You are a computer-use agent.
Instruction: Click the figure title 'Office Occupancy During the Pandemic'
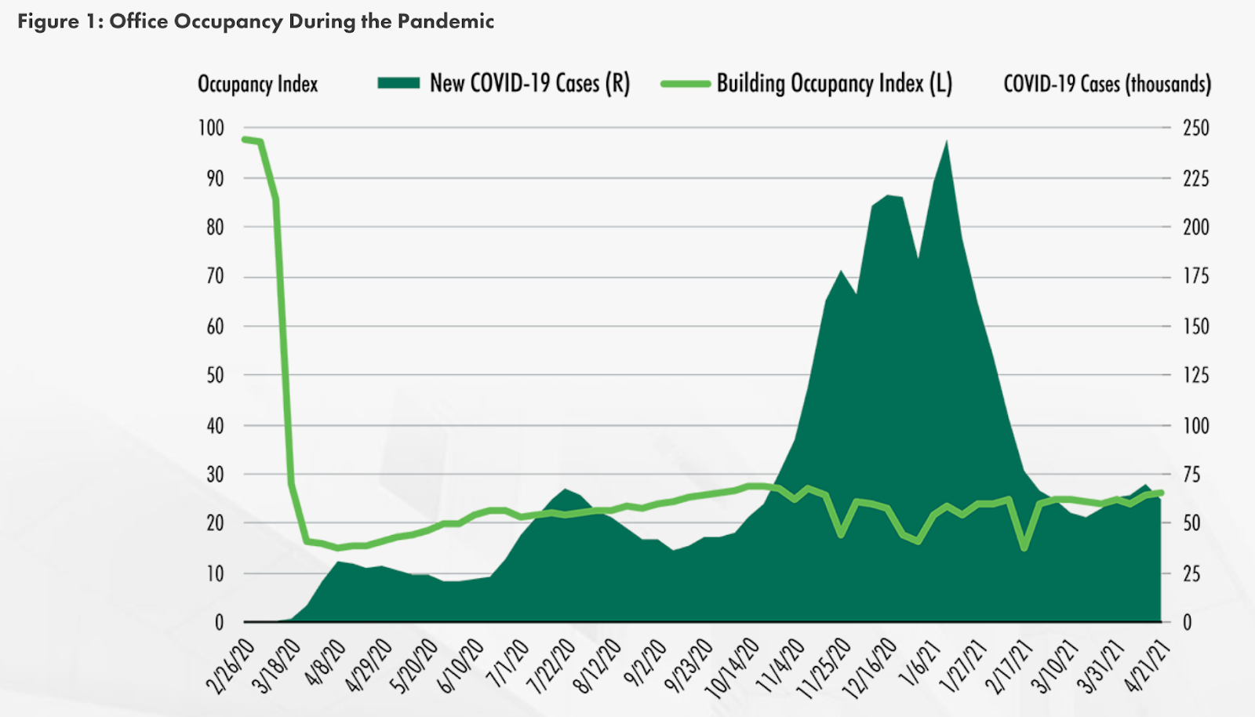[301, 21]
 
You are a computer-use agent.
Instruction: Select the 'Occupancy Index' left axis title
[257, 84]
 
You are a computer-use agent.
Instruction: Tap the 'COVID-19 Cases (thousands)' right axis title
[1107, 83]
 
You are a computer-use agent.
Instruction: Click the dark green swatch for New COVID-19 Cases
[398, 83]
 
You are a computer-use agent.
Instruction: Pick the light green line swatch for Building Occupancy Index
[685, 83]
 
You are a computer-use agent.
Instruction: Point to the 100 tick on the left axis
[211, 128]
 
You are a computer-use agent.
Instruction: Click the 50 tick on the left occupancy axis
[214, 375]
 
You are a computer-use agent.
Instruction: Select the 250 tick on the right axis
[1195, 128]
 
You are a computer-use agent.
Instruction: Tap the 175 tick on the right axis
[1195, 276]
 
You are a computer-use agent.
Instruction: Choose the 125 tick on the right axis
[1195, 375]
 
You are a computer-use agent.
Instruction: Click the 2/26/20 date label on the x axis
[231, 666]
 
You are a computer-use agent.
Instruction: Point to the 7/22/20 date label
[551, 666]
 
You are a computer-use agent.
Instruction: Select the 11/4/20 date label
[780, 666]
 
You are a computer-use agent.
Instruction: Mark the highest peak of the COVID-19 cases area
[947, 142]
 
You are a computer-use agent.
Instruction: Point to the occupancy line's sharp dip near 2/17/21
[1024, 548]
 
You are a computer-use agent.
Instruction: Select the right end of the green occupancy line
[1161, 493]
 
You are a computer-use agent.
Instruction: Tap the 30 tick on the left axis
[214, 474]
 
